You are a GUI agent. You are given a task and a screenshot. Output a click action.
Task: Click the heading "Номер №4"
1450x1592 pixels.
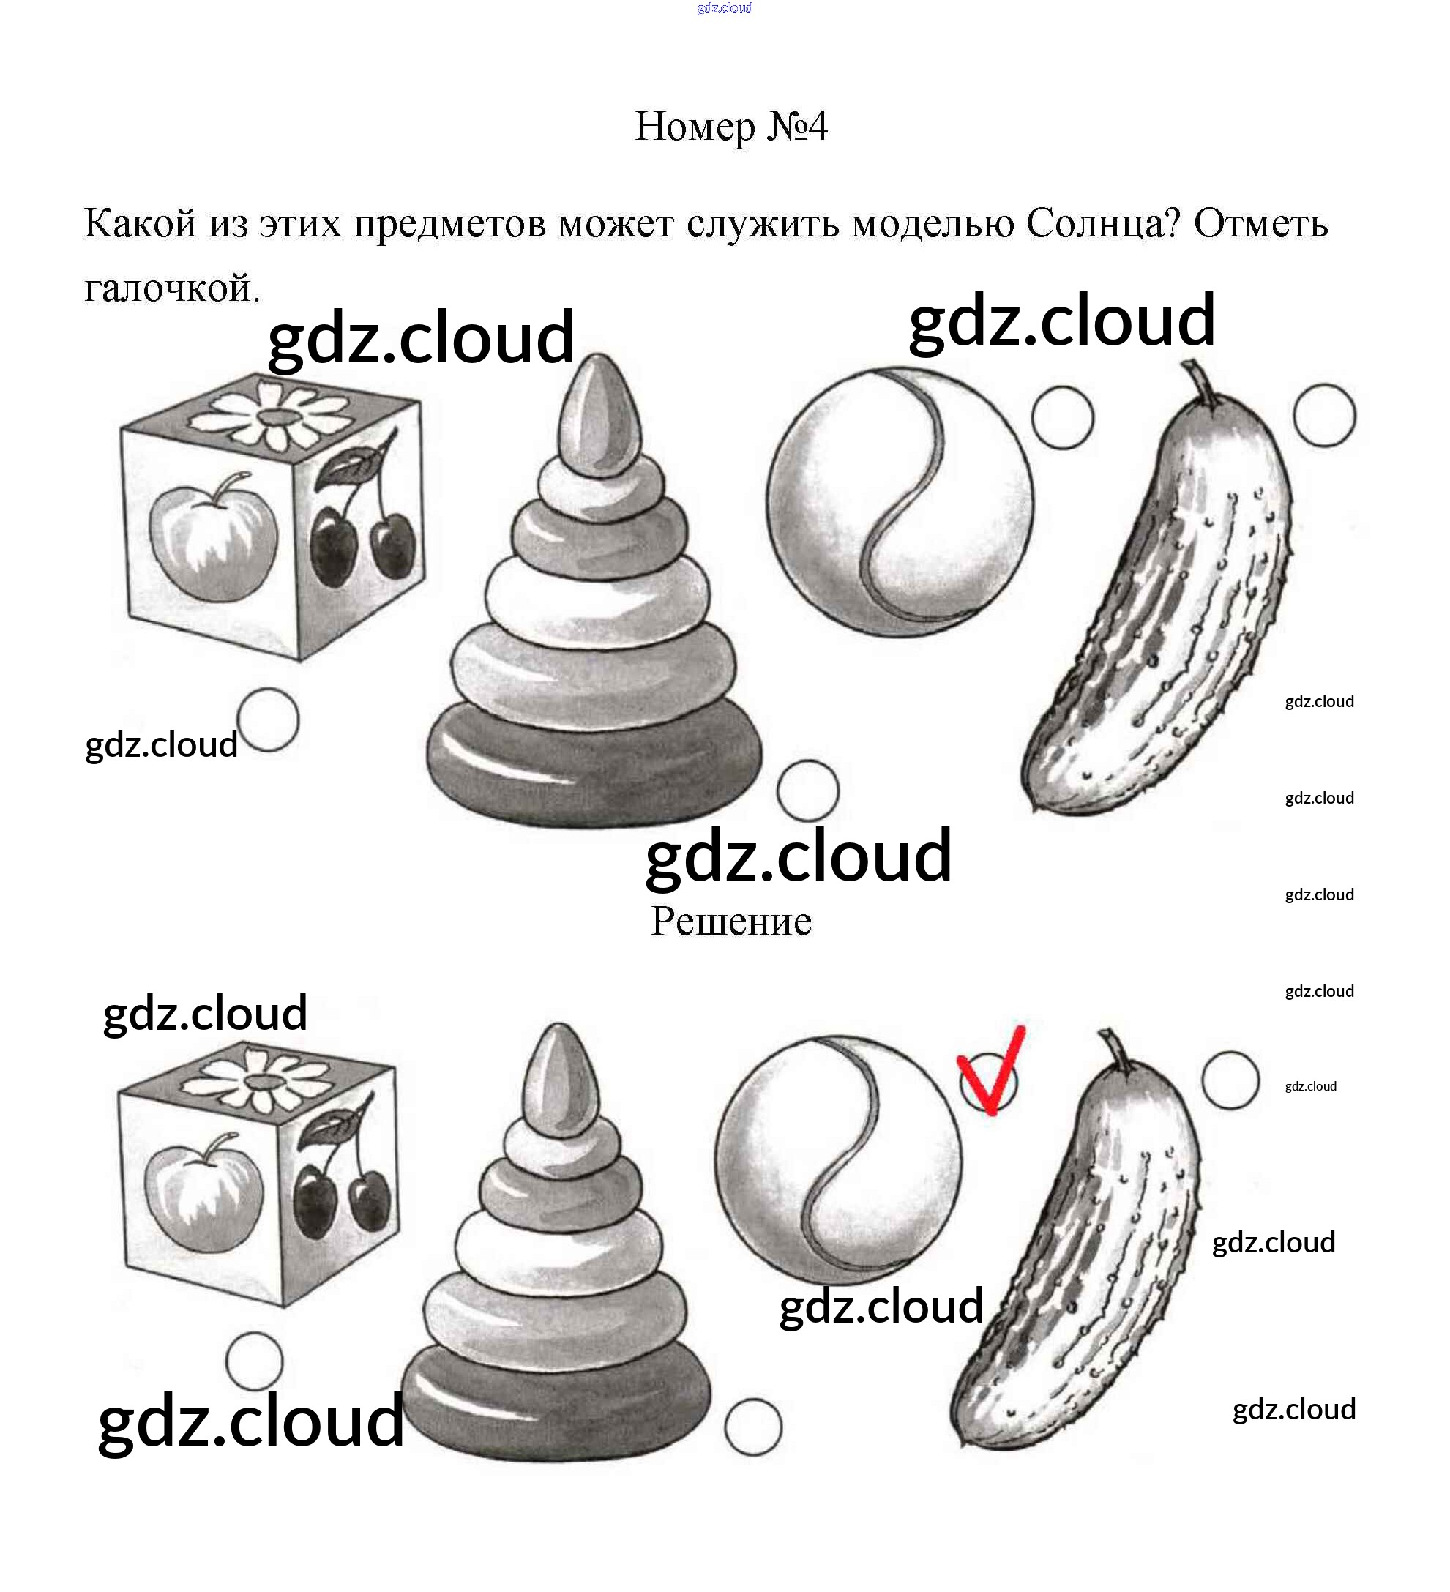point(730,127)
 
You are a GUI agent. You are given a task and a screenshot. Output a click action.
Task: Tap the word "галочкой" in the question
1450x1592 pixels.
point(170,288)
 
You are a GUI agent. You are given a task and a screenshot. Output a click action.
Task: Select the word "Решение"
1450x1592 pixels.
point(730,922)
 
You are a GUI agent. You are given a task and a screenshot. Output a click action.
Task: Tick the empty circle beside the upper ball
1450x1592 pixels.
point(1062,418)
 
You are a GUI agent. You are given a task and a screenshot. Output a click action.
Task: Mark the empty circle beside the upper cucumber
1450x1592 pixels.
point(1324,415)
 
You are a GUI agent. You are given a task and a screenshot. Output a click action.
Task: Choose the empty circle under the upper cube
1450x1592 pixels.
point(269,720)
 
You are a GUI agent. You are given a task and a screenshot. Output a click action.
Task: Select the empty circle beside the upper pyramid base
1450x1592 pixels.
point(807,790)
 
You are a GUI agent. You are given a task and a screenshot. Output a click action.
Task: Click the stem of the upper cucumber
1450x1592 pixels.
point(1200,384)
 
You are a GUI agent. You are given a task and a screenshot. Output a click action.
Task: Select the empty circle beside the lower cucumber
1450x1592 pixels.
point(1230,1080)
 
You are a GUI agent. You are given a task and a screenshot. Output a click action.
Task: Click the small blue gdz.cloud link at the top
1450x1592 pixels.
point(724,9)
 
